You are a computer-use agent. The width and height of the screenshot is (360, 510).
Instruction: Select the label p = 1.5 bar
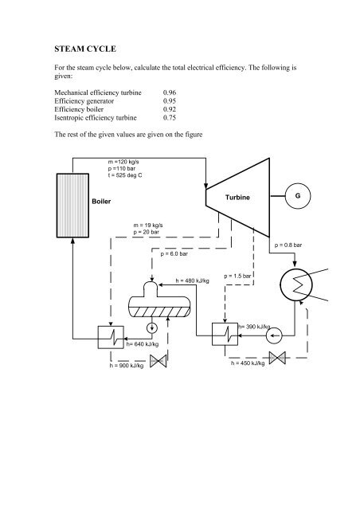tap(238, 276)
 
